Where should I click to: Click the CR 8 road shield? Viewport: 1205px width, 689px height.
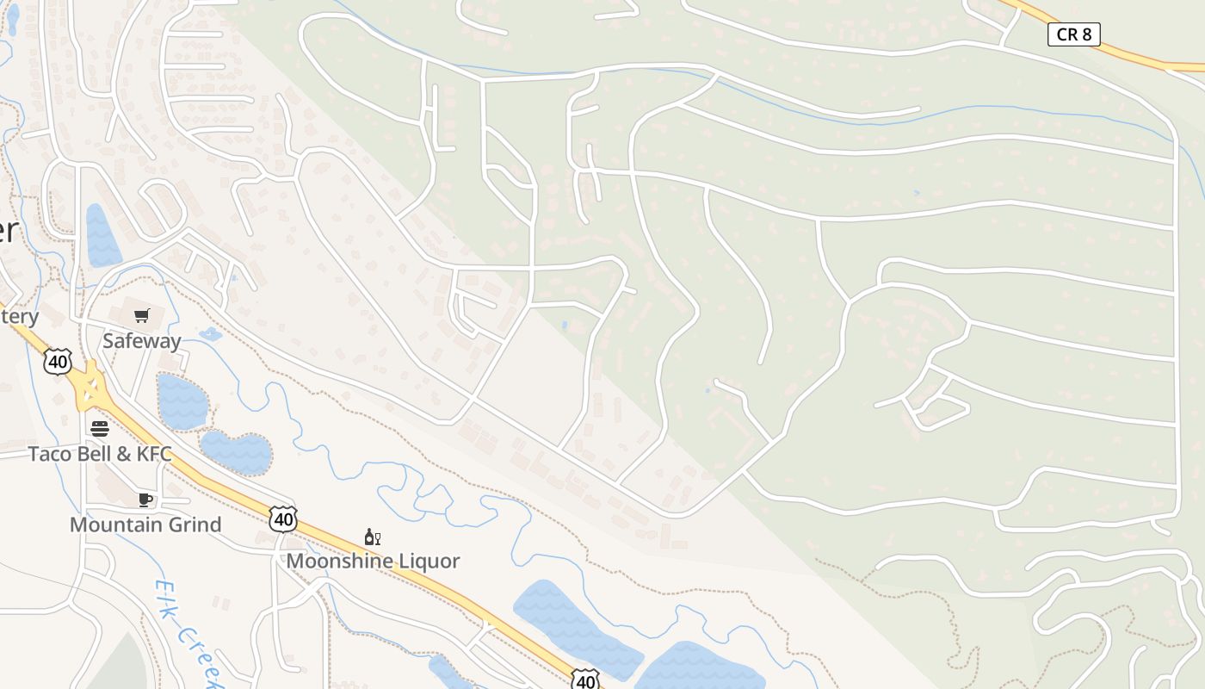pos(1073,34)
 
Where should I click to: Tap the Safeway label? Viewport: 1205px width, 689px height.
pos(142,341)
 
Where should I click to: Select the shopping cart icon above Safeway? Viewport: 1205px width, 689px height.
pos(142,316)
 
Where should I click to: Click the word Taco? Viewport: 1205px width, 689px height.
pos(48,454)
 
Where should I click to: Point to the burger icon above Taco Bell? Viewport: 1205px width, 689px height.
pos(100,428)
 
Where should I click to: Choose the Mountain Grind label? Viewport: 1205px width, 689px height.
pos(145,525)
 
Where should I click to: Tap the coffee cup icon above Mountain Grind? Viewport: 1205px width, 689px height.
pos(145,500)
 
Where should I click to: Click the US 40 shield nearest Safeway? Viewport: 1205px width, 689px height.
pos(58,362)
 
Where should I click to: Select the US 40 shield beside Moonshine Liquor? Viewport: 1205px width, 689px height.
pos(282,518)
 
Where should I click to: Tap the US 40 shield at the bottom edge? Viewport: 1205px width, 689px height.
pos(585,680)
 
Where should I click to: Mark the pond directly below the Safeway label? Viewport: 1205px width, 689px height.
pos(182,401)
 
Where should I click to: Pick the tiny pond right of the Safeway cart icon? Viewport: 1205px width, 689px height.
pos(209,334)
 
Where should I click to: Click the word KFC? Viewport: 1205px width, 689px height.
pos(154,454)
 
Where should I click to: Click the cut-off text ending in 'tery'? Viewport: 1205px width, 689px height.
pos(19,316)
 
